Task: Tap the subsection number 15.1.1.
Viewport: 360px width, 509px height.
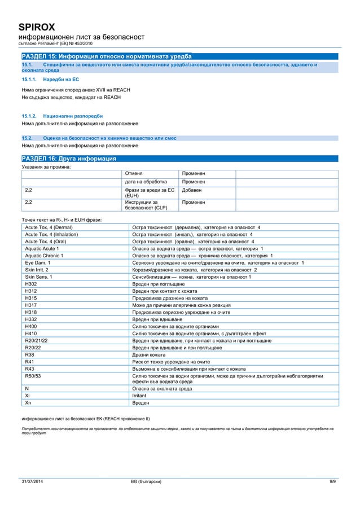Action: pyautogui.click(x=29, y=80)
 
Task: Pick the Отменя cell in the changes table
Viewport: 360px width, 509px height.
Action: pyautogui.click(x=134, y=173)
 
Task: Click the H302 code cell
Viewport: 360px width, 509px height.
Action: pyautogui.click(x=31, y=284)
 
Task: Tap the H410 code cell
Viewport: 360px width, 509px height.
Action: pyautogui.click(x=31, y=333)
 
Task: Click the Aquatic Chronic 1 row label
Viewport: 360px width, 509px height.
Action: pyautogui.click(x=44, y=256)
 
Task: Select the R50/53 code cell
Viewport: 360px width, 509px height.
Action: pyautogui.click(x=33, y=375)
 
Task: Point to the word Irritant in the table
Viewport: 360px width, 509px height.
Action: pyautogui.click(x=139, y=396)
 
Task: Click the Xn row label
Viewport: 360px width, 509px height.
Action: pyautogui.click(x=28, y=403)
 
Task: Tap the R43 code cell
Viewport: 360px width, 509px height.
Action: pyautogui.click(x=30, y=368)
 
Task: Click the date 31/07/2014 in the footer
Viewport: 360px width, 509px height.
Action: pyautogui.click(x=33, y=481)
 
